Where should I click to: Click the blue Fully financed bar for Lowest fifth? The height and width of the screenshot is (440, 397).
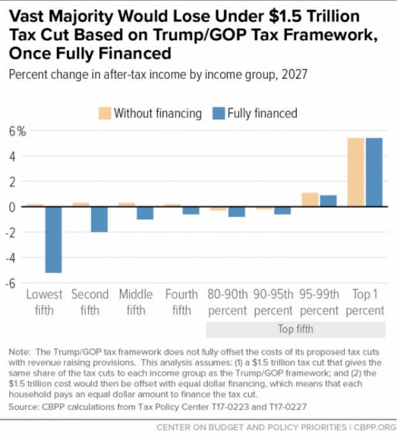[53, 240]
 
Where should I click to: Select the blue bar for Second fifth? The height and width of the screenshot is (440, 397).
[99, 219]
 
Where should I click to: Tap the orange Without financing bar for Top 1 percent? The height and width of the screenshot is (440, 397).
[355, 172]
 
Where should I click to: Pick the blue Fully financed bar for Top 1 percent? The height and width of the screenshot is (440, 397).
[374, 172]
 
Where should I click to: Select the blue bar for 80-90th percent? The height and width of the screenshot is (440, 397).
[237, 212]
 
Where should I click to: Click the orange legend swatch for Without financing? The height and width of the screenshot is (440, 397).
[105, 113]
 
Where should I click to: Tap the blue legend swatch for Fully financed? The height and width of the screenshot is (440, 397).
[218, 113]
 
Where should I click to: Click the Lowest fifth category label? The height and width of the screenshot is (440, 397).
[44, 302]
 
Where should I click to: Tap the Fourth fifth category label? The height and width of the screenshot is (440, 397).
[182, 302]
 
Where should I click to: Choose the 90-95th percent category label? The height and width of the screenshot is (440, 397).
[273, 302]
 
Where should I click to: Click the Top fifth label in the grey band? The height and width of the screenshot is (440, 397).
[295, 329]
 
